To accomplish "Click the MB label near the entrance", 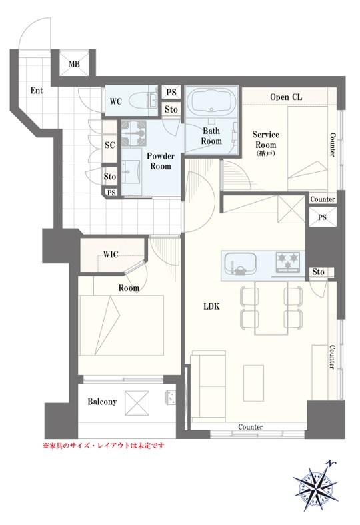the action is point(74,63).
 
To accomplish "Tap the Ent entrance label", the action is point(37,91).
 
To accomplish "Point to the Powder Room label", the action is point(161,161).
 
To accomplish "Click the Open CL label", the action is point(286,97).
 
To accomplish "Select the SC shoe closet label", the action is point(110,145).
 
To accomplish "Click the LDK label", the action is point(211,306).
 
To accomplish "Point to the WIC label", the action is point(111,254).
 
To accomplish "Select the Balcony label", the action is point(102,402).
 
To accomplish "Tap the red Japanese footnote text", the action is point(104,446).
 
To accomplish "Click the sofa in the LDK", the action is point(208,386).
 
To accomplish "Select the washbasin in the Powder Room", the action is point(131,171).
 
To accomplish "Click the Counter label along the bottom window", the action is point(250,427).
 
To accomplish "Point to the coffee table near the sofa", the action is point(253,383).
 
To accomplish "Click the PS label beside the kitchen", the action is point(322,217).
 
